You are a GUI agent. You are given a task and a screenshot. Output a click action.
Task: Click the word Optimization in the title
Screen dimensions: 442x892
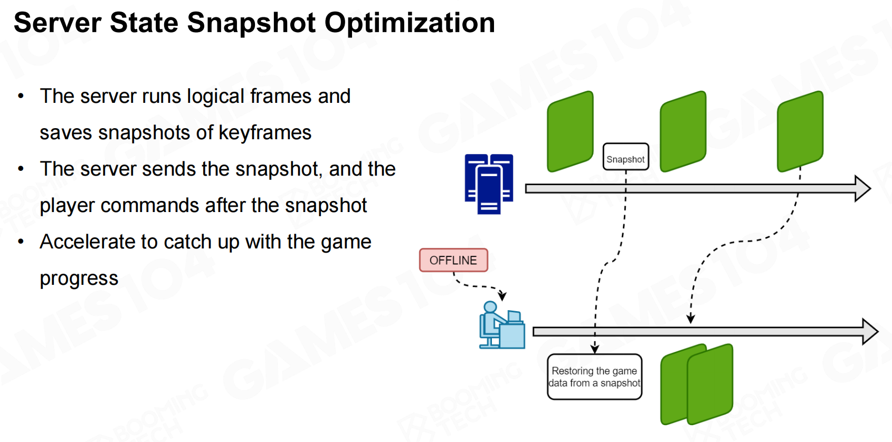click(410, 23)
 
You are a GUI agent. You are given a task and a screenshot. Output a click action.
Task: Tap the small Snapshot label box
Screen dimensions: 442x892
click(625, 157)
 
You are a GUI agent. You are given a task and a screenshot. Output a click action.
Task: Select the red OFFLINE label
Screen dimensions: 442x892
click(453, 260)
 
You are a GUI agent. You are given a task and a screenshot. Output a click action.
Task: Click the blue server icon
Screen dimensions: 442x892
click(489, 184)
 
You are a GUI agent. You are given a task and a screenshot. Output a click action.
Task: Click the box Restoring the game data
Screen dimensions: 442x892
click(594, 377)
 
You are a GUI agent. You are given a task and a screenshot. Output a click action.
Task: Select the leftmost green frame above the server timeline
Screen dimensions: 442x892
click(570, 131)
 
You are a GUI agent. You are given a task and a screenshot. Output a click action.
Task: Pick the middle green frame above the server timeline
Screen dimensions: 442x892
click(683, 131)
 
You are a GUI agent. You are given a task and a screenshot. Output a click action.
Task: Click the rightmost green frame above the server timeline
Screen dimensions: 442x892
click(800, 131)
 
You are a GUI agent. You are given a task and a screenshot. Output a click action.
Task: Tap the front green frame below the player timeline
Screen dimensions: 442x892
click(710, 384)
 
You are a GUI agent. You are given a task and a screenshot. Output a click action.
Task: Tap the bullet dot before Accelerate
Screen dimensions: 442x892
click(21, 242)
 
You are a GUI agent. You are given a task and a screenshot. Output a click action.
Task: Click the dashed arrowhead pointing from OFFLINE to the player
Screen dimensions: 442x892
click(503, 296)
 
